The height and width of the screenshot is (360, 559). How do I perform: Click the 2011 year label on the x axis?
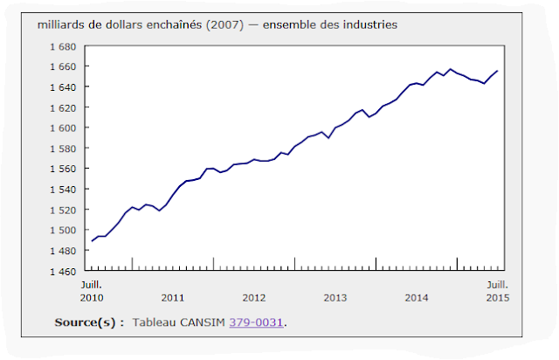click(x=173, y=297)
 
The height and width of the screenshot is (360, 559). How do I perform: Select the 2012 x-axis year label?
click(x=254, y=297)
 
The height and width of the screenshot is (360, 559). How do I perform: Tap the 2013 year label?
click(x=335, y=297)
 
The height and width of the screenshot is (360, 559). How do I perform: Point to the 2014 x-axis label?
click(x=417, y=297)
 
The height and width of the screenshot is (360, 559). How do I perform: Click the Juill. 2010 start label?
click(x=92, y=291)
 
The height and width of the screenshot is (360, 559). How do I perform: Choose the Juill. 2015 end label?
click(x=498, y=291)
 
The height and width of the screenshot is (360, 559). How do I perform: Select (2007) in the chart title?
click(x=221, y=24)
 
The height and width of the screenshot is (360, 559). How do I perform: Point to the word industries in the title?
click(x=370, y=24)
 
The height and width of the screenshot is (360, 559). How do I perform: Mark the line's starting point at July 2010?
click(x=91, y=241)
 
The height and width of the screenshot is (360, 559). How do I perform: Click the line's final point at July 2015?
click(x=498, y=71)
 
